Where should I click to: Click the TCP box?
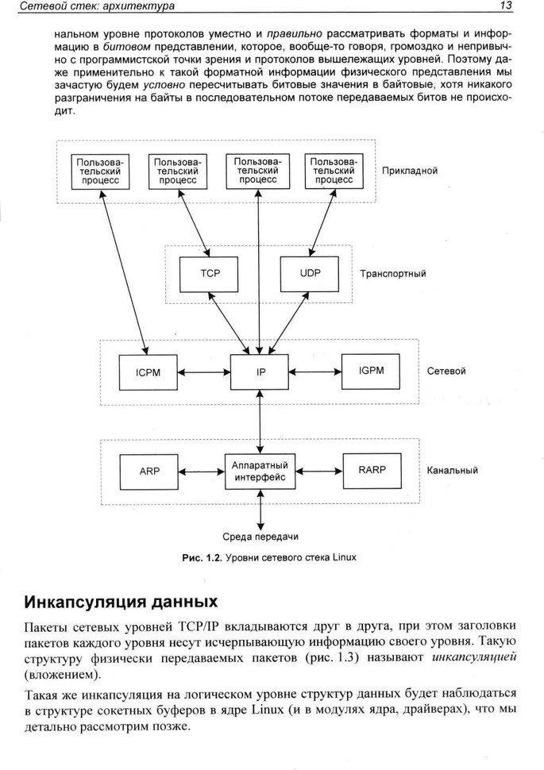(x=209, y=274)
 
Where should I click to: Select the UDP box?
(x=310, y=274)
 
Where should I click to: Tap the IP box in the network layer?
(x=260, y=372)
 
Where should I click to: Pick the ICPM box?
(x=148, y=373)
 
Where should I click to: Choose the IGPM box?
(x=371, y=372)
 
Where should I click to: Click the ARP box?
(x=149, y=472)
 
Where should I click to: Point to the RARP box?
(x=372, y=471)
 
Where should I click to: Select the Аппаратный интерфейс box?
(x=260, y=472)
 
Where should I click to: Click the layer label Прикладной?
(x=409, y=171)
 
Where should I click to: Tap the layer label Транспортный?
(x=392, y=274)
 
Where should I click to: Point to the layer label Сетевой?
(x=446, y=372)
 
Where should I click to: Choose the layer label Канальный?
(x=452, y=471)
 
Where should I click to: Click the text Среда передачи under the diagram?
(x=260, y=537)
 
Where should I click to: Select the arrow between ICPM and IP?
(x=203, y=373)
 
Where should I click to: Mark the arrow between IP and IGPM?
(x=315, y=372)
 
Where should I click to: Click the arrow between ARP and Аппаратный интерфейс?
(x=202, y=472)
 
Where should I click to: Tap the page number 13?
(x=506, y=6)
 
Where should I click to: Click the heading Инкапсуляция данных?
(x=121, y=602)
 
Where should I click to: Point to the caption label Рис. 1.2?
(x=203, y=558)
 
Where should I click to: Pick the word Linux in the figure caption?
(x=344, y=558)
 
